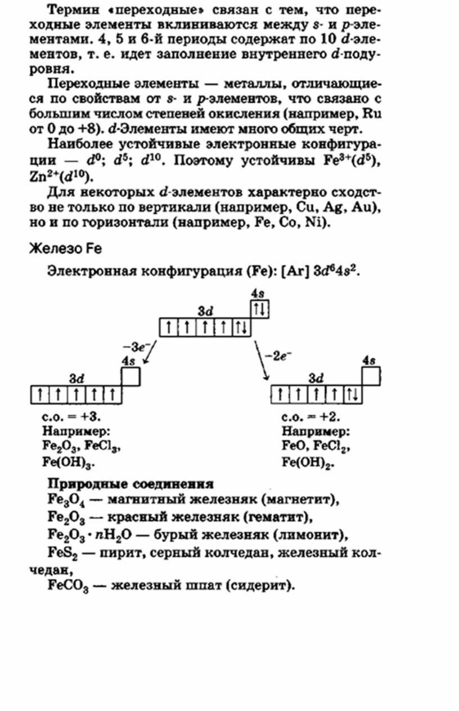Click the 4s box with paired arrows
tap(260, 308)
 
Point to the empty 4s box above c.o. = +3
tap(131, 376)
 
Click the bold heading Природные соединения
tap(130, 484)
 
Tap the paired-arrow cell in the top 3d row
tap(241, 327)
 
